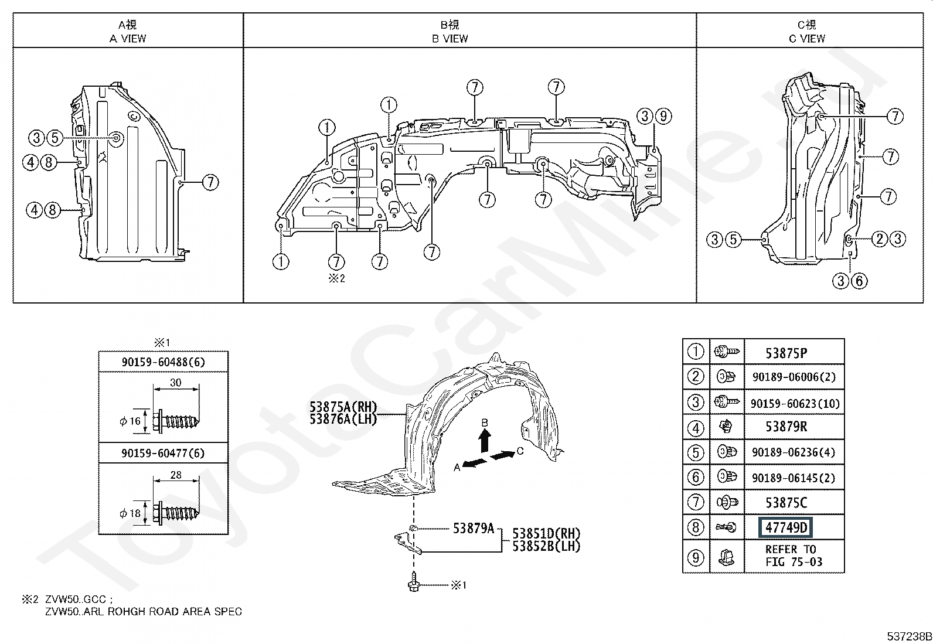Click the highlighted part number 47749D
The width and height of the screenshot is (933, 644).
coord(785,527)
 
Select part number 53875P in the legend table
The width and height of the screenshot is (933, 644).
coord(786,353)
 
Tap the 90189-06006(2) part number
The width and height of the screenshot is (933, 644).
coord(794,377)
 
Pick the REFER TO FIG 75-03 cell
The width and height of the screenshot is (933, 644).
coord(794,556)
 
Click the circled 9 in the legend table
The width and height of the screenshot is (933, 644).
coord(695,557)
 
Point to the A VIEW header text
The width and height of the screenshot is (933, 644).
coord(128,38)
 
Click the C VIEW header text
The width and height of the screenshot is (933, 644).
coord(807,38)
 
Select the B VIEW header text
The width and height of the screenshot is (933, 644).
coord(450,38)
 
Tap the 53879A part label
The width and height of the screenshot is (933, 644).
coord(474,528)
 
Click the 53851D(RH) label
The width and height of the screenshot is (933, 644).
coord(546,533)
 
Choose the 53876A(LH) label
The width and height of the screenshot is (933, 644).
coord(343,418)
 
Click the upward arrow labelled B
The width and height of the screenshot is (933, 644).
coord(485,441)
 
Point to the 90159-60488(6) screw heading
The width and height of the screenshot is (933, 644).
coord(164,362)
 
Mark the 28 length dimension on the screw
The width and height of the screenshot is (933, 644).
coord(176,475)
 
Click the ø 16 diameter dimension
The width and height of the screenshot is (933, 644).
coord(130,421)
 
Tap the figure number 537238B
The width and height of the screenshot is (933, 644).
coord(909,636)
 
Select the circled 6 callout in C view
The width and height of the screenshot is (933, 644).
coord(859,281)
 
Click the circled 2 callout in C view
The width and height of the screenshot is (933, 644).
coord(880,238)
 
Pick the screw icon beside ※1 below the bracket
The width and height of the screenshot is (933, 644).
coord(414,582)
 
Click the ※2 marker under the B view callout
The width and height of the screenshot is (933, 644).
coord(336,278)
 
